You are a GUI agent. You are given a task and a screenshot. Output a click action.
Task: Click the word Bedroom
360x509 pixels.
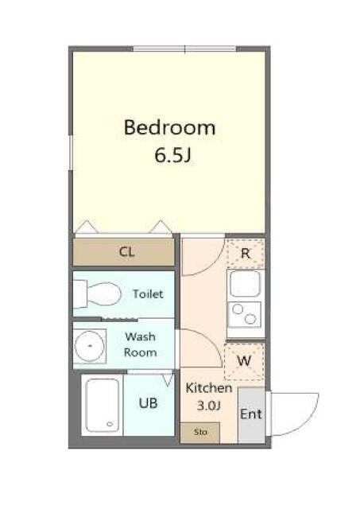[x=169, y=127]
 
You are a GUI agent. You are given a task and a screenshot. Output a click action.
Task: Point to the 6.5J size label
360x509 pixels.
[x=172, y=156]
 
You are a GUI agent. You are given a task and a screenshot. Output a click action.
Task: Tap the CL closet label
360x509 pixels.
[x=127, y=251]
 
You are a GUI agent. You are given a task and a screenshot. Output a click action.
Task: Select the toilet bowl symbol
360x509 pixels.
[x=97, y=293]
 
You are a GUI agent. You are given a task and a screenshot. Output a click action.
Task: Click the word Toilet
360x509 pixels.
[x=148, y=294]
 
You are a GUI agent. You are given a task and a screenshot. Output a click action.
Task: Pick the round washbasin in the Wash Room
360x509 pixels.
[x=89, y=346]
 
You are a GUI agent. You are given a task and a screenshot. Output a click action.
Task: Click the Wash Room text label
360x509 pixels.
[x=141, y=344]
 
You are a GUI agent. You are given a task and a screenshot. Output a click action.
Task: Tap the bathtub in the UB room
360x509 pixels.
[x=103, y=405]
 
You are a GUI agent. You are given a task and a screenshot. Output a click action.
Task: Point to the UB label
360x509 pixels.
[x=149, y=403]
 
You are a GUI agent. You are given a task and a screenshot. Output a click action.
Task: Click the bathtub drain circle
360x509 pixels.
[x=110, y=424]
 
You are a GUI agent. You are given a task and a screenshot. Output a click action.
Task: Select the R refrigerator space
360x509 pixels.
[x=246, y=254]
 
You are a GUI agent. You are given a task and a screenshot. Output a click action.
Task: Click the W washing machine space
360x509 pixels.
[x=244, y=361]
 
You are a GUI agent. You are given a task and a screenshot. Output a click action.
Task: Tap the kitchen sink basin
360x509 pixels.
[x=246, y=284]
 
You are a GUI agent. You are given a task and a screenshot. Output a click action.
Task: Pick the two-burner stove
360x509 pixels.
[x=245, y=315]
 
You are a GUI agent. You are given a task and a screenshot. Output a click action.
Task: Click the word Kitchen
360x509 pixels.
[x=209, y=388]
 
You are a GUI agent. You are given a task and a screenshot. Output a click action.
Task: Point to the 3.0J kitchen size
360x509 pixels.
[x=209, y=406]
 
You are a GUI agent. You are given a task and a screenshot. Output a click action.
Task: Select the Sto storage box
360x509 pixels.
[x=200, y=433]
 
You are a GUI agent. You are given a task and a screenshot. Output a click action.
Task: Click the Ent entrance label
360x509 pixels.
[x=250, y=414]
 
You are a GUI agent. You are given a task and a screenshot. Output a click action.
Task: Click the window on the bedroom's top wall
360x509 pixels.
[x=185, y=49]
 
